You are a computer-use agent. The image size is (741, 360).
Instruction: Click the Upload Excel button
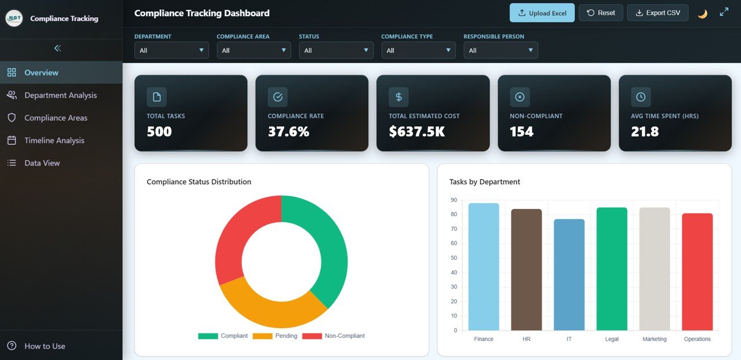pyautogui.click(x=542, y=13)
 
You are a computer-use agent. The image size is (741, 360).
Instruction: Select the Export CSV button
pyautogui.click(x=658, y=13)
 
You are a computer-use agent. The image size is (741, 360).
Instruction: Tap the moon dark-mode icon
pyautogui.click(x=702, y=13)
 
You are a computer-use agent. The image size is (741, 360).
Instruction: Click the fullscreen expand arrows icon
pyautogui.click(x=724, y=12)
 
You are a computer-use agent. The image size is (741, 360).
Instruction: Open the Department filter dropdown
pyautogui.click(x=171, y=50)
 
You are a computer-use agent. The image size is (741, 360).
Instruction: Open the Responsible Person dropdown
pyautogui.click(x=500, y=50)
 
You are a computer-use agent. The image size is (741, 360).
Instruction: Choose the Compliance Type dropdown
pyautogui.click(x=418, y=50)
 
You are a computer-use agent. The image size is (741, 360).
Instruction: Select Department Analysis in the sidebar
pyautogui.click(x=60, y=95)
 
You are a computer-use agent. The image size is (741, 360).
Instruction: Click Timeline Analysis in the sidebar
pyautogui.click(x=54, y=140)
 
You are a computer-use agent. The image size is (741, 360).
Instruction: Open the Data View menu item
pyautogui.click(x=42, y=163)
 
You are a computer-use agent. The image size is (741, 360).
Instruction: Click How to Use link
pyautogui.click(x=45, y=346)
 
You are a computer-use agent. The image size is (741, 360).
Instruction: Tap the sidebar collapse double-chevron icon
pyautogui.click(x=57, y=48)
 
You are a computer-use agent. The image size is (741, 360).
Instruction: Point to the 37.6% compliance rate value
pyautogui.click(x=288, y=132)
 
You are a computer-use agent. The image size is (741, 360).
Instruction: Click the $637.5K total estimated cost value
pyautogui.click(x=416, y=132)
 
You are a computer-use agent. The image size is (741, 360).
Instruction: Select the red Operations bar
pyautogui.click(x=697, y=272)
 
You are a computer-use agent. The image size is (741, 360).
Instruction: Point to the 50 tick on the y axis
pyautogui.click(x=454, y=258)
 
